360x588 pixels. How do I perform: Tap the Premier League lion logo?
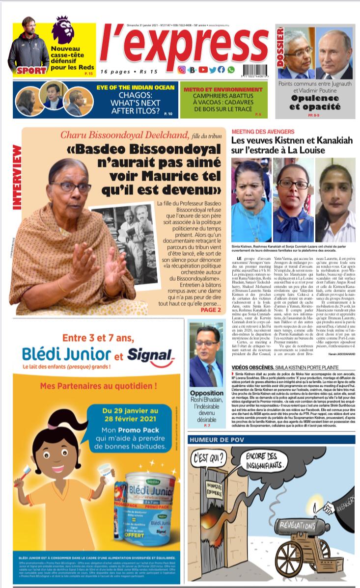62,29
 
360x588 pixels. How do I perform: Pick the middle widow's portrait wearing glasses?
293,200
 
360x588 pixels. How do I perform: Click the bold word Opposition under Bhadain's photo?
206,393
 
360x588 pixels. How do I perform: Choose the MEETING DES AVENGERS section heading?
263,132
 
